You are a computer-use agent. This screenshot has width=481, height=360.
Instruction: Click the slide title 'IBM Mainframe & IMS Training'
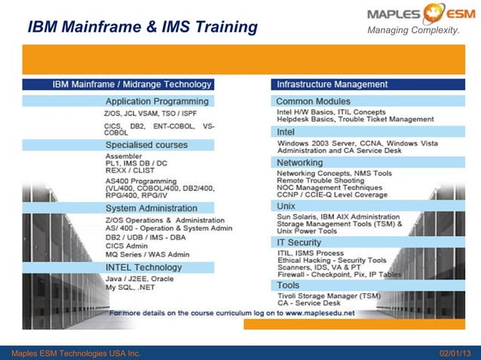pos(142,28)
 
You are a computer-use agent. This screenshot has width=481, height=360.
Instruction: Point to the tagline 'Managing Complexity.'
pos(413,30)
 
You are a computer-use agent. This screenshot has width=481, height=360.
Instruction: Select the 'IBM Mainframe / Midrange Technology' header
pos(132,84)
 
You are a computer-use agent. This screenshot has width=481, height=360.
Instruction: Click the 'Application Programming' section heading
pos(157,101)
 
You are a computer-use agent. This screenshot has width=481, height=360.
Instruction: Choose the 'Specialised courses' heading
pos(146,145)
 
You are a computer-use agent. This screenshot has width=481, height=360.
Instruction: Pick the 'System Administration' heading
pos(151,208)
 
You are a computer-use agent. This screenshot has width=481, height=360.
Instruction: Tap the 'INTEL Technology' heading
pos(143,267)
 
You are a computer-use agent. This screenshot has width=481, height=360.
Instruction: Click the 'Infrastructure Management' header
pos(332,84)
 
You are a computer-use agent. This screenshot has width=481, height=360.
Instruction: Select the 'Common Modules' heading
pos(313,101)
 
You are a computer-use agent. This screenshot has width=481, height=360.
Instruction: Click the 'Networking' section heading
pos(299,163)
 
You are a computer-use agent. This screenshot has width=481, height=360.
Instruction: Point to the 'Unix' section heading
pos(286,205)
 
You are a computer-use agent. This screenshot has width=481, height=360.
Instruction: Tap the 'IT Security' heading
pos(299,243)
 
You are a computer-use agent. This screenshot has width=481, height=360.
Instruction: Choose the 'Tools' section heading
pos(288,285)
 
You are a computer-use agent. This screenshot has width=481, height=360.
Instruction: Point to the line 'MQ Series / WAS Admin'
pos(147,255)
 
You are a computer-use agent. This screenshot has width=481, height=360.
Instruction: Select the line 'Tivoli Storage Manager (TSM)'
pos(329,296)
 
